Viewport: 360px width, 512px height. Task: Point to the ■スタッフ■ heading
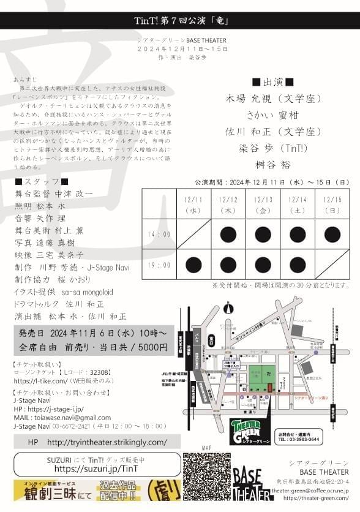tap(42, 181)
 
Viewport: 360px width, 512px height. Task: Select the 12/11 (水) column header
tap(193, 205)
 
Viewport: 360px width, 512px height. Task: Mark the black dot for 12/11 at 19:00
tap(193, 265)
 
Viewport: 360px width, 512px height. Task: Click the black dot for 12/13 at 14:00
tap(263, 234)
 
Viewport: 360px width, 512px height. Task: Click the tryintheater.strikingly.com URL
tap(107, 442)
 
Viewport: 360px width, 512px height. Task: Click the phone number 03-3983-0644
tap(304, 439)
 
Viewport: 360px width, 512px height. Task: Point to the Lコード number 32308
tap(100, 372)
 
